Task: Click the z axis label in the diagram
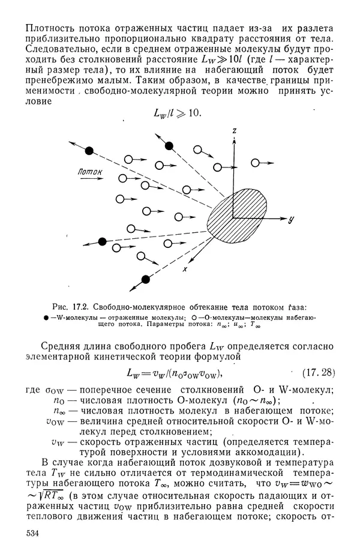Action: (x=236, y=130)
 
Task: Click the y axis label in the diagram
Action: (x=290, y=220)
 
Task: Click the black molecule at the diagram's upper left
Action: (x=89, y=149)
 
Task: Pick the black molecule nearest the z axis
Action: (x=169, y=145)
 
